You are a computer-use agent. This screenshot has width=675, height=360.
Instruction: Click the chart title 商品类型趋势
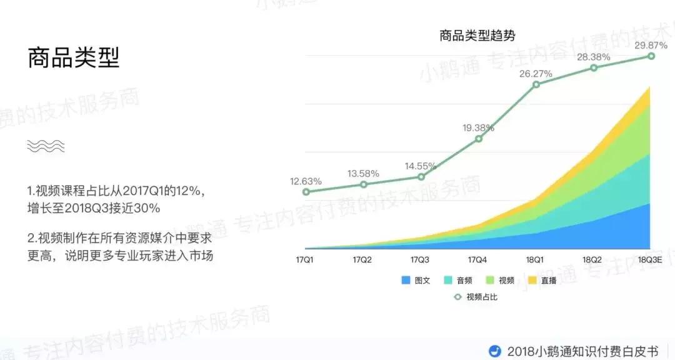[x=477, y=36]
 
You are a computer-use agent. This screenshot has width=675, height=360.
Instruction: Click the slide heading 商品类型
[x=73, y=58]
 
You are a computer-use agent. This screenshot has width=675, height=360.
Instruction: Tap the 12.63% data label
[x=306, y=181]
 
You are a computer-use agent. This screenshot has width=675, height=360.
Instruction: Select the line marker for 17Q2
[x=364, y=184]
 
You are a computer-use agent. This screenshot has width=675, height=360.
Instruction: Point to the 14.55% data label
[x=421, y=166]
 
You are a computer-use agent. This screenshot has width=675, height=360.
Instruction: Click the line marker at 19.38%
[x=479, y=139]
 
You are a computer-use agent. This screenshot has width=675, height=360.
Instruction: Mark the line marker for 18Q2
[x=594, y=67]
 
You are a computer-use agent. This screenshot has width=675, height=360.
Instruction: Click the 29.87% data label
[x=651, y=45]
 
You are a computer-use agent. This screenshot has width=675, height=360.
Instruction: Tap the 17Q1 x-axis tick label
[x=306, y=259]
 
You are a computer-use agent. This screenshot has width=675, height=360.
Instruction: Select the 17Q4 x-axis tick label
[x=478, y=259]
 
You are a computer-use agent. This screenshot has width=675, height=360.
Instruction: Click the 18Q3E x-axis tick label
[x=651, y=259]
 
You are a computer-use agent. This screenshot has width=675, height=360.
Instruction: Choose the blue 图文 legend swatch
[x=406, y=281]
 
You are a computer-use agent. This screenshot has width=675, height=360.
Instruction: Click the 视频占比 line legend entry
[x=476, y=297]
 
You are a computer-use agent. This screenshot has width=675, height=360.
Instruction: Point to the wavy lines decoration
[x=46, y=146]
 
